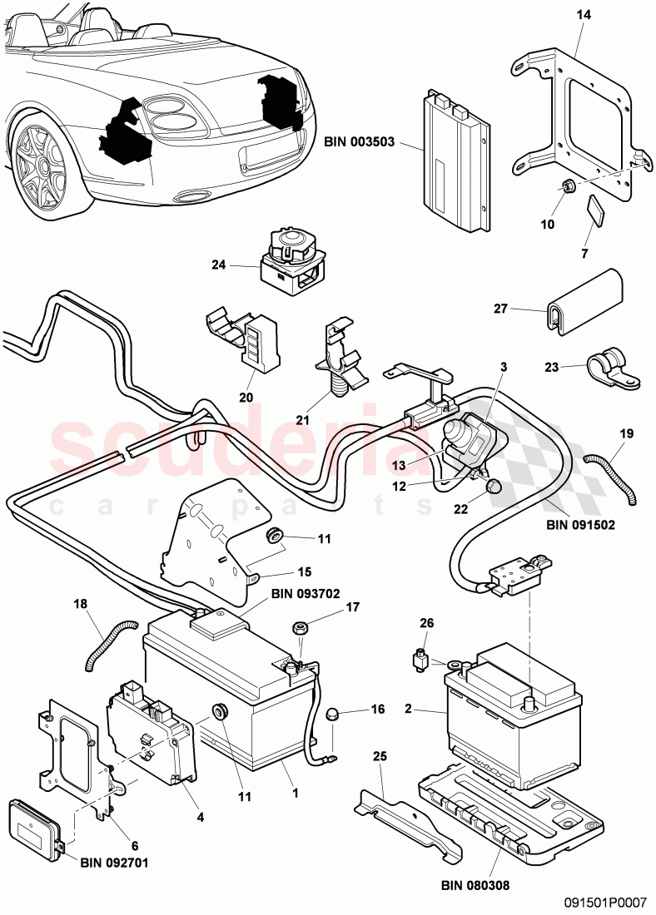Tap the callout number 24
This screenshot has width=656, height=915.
pyautogui.click(x=218, y=265)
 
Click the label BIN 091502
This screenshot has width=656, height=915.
pyautogui.click(x=579, y=525)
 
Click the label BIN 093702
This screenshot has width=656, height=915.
pyautogui.click(x=305, y=595)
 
